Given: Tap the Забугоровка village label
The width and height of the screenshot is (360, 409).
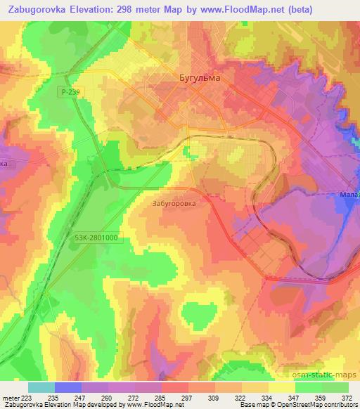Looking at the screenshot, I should coord(172,203).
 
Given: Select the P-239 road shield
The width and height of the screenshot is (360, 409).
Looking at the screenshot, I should coord(72,91).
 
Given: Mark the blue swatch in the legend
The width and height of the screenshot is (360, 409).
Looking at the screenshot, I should coord(68,387).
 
